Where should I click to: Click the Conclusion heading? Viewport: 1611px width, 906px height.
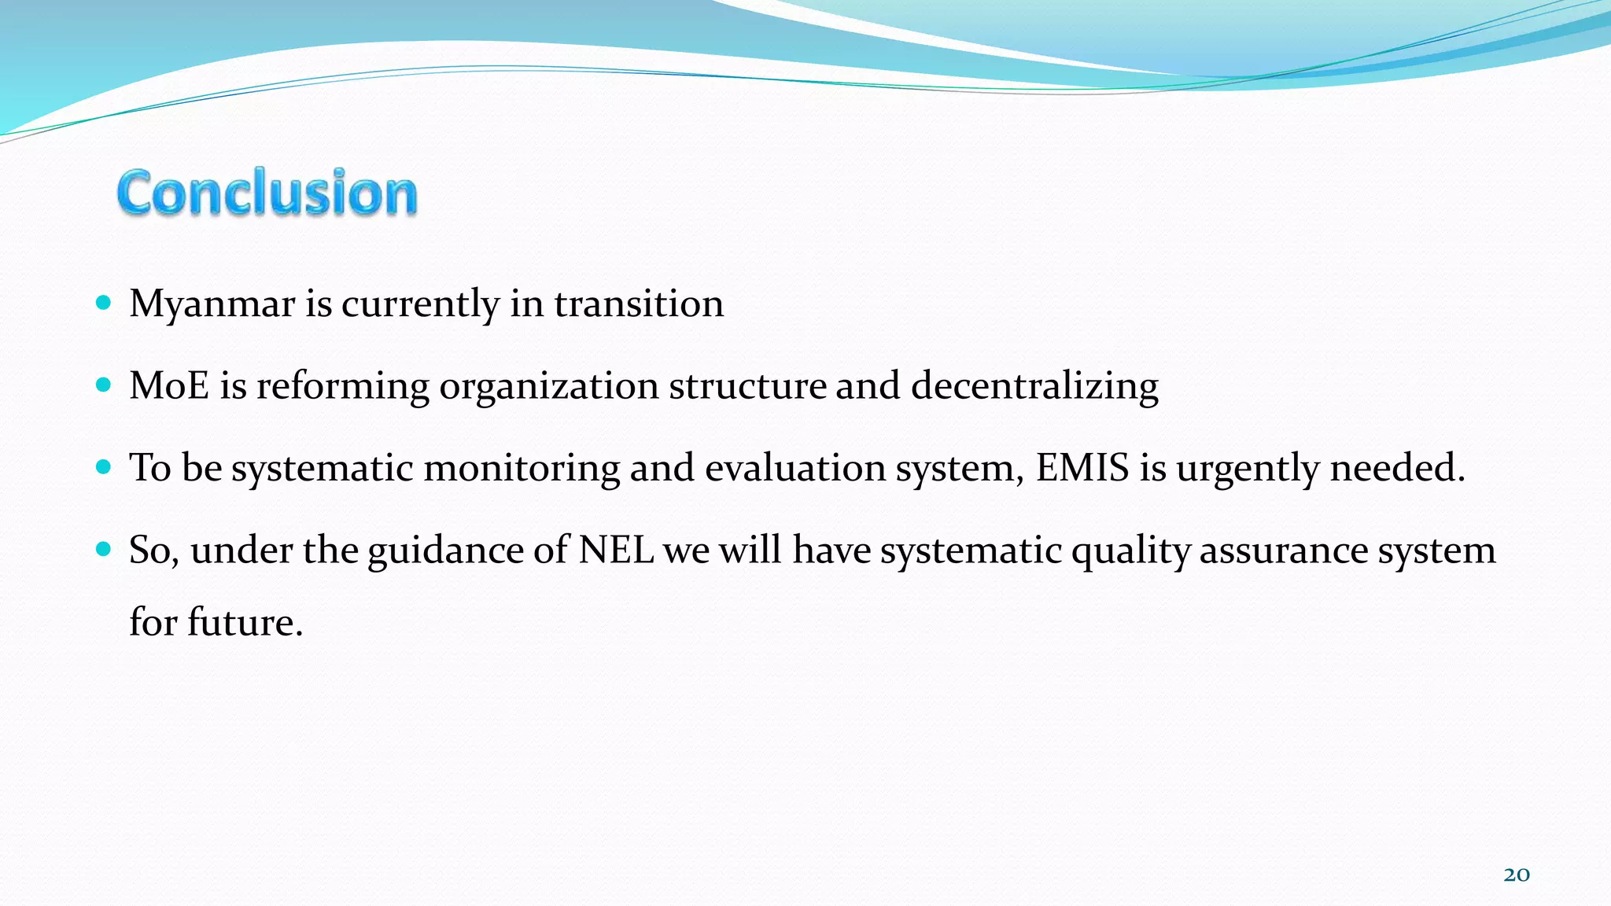click(x=267, y=193)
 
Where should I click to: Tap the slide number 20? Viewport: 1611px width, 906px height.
click(x=1516, y=875)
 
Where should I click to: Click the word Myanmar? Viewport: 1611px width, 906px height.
click(x=212, y=304)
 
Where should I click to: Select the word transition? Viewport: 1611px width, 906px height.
click(x=639, y=304)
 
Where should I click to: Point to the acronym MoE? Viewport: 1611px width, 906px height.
click(x=169, y=386)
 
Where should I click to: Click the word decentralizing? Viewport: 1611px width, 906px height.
click(x=1034, y=386)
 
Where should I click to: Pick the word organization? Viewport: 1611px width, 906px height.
click(x=548, y=386)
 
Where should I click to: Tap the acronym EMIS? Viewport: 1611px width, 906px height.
click(x=1082, y=468)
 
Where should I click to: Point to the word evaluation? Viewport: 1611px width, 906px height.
click(x=794, y=468)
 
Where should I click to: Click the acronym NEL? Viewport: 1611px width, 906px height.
click(x=616, y=550)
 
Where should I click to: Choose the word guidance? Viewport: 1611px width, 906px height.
click(x=445, y=550)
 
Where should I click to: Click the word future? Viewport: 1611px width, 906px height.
click(x=244, y=623)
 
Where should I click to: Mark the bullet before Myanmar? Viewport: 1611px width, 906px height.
click(x=103, y=303)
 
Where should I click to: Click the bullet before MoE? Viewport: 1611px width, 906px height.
click(x=103, y=385)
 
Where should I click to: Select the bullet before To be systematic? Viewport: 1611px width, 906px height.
click(x=103, y=466)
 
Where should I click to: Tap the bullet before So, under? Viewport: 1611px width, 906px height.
click(x=103, y=548)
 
